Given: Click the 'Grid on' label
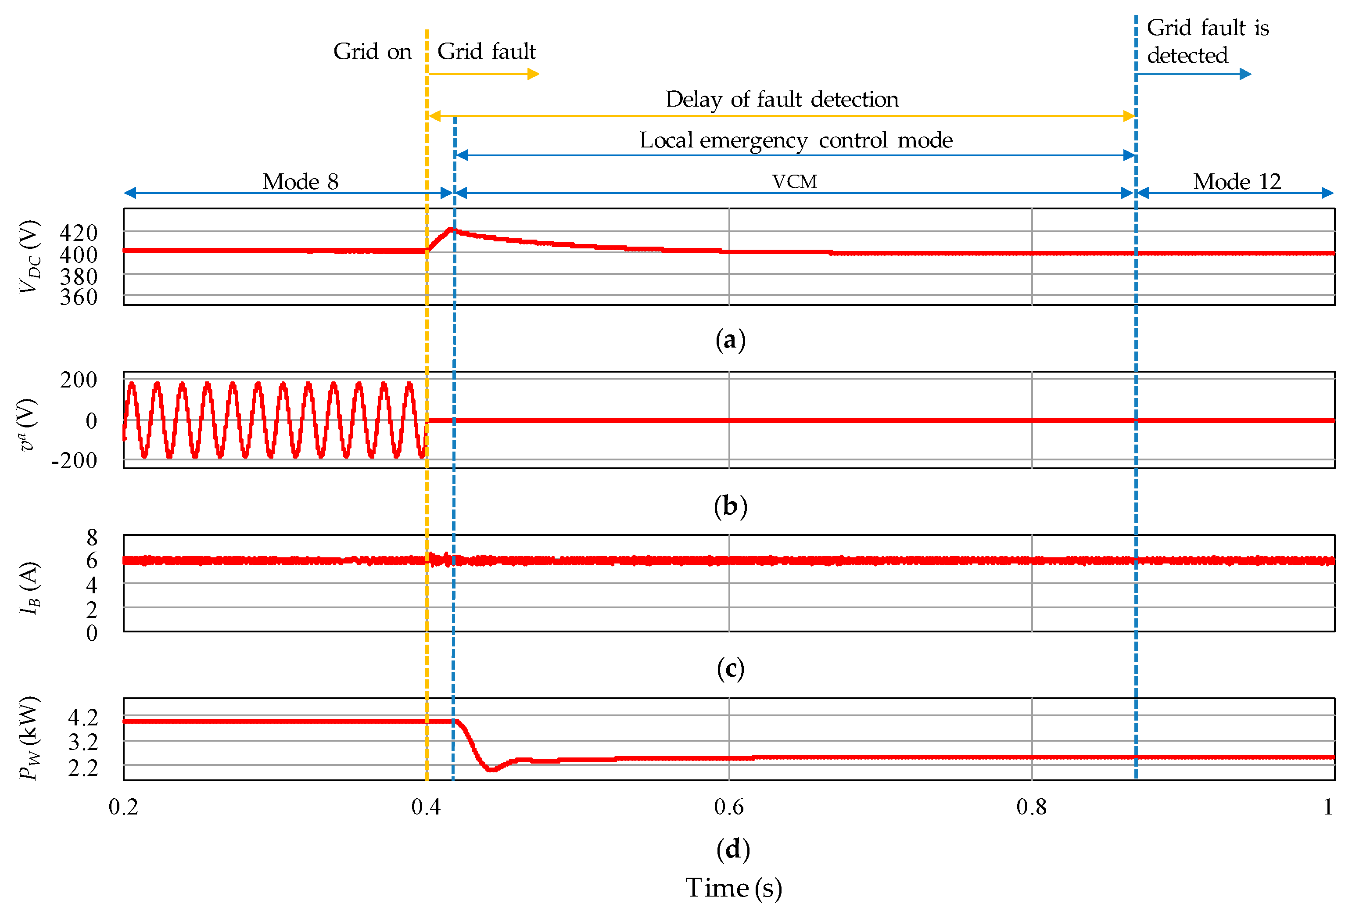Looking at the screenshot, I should tap(372, 52).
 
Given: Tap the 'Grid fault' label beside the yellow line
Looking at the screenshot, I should tap(486, 52).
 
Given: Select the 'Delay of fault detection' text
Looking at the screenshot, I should tap(782, 100).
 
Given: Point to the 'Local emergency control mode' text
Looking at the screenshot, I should tap(796, 140).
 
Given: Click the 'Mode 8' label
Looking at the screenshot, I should tap(300, 182).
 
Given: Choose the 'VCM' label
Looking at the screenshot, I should tap(795, 182).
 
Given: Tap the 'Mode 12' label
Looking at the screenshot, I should tap(1237, 182).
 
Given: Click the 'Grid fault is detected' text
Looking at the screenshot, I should tap(1207, 41).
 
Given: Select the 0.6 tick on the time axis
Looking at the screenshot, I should tap(728, 807).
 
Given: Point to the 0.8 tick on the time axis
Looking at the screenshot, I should tap(1032, 807).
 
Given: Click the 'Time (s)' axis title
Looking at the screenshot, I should tap(733, 888).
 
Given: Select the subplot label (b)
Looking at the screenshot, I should tap(730, 506).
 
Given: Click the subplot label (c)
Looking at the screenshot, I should tap(730, 669).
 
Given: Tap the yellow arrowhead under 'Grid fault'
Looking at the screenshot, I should tap(534, 74).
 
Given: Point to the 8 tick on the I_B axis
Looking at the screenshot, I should tap(91, 538).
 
